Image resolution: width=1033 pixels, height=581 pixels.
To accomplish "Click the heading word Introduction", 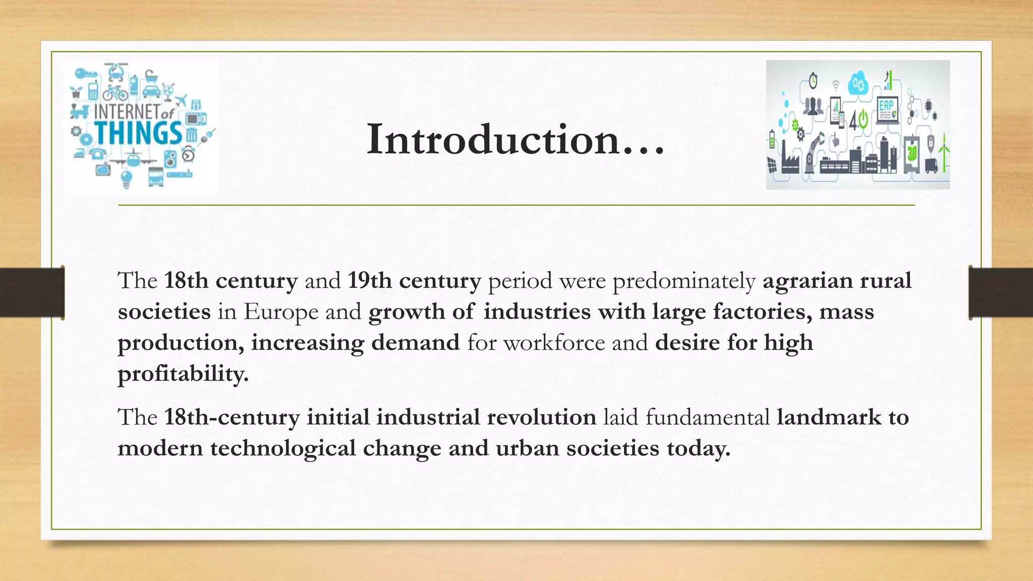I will (x=514, y=139).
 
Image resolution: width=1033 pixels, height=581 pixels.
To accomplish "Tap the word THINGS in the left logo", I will (x=138, y=133).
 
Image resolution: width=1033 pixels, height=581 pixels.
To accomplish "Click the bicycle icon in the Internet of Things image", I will (x=116, y=93).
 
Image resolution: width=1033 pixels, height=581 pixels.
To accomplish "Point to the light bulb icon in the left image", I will (x=126, y=178).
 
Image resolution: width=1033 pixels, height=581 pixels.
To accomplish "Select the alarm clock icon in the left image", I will (x=189, y=154).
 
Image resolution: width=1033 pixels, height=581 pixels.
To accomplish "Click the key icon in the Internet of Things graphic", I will (x=85, y=75).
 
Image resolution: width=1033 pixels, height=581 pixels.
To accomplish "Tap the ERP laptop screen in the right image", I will (x=887, y=107).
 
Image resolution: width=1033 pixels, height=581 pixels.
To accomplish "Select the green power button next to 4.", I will (x=863, y=120).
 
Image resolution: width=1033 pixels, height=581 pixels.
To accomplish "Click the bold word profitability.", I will (x=183, y=374).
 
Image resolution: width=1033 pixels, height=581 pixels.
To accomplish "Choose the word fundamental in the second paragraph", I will (x=707, y=417).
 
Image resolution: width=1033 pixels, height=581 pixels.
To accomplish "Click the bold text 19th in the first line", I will (x=369, y=280).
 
